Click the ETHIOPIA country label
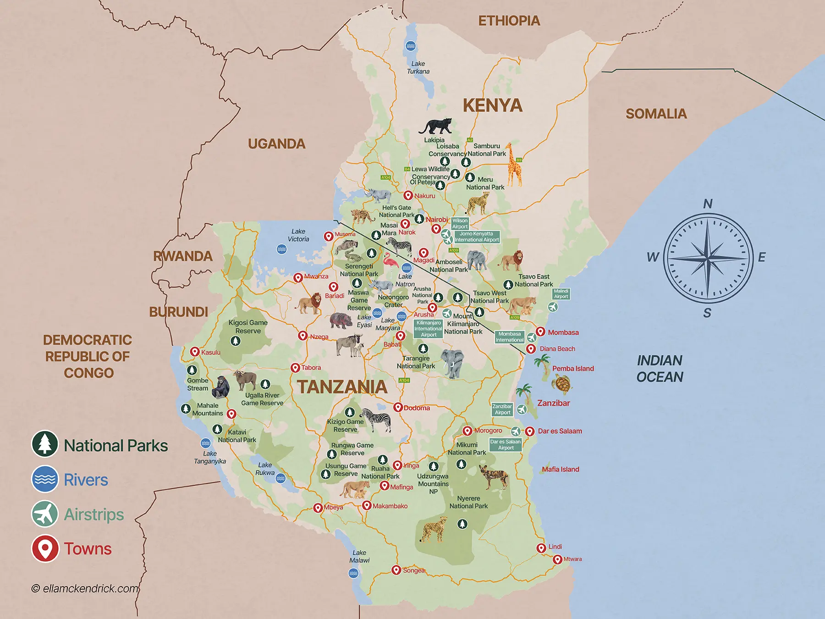pyautogui.click(x=509, y=21)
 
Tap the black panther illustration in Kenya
pyautogui.click(x=435, y=126)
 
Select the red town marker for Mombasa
pyautogui.click(x=541, y=332)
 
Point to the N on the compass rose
pyautogui.click(x=708, y=204)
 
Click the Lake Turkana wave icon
pyautogui.click(x=411, y=46)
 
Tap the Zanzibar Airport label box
pyautogui.click(x=502, y=409)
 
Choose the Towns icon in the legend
pyautogui.click(x=45, y=548)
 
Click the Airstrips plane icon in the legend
pyautogui.click(x=45, y=514)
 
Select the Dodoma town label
pyautogui.click(x=417, y=408)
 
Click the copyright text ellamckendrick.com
pyautogui.click(x=85, y=588)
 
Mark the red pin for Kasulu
pyautogui.click(x=195, y=352)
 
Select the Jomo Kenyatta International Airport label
pyautogui.click(x=477, y=237)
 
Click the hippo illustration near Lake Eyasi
pyautogui.click(x=341, y=320)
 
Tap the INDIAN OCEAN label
pyautogui.click(x=660, y=369)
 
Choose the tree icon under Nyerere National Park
pyautogui.click(x=462, y=524)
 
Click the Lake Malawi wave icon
pyautogui.click(x=353, y=573)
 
